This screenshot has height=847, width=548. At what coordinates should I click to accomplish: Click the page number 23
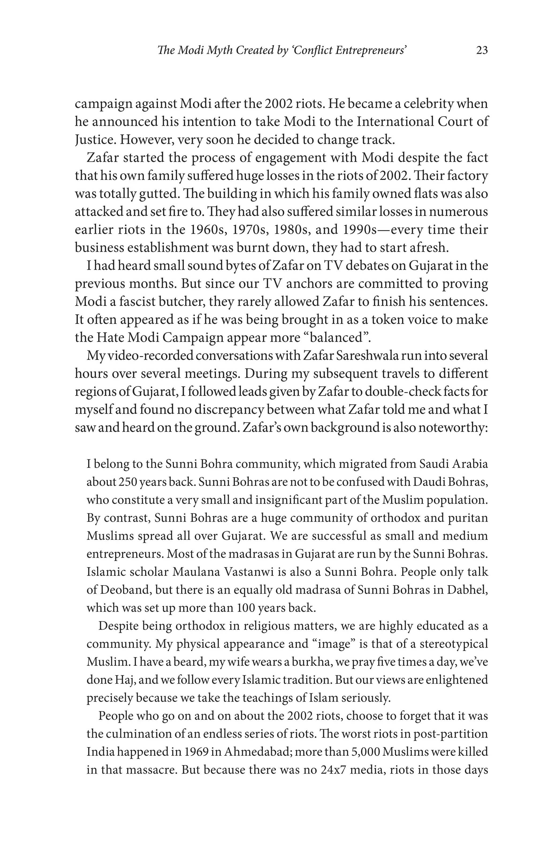click(481, 51)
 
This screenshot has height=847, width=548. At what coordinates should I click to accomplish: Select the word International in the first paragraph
click(394, 122)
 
